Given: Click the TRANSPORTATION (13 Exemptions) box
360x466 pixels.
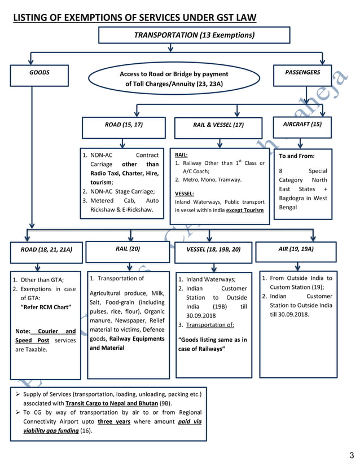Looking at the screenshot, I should (x=194, y=35).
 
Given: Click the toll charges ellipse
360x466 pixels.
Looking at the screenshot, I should (x=173, y=79).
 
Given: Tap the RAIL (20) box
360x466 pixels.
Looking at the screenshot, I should (x=128, y=249).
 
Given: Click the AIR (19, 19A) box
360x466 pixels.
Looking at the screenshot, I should (x=296, y=249).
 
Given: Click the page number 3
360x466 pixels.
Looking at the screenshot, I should (x=351, y=455).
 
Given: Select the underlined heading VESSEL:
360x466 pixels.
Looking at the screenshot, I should (x=184, y=194).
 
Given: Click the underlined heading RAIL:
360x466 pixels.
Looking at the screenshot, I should (x=181, y=154).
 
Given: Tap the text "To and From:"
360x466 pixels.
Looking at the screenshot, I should (x=297, y=156).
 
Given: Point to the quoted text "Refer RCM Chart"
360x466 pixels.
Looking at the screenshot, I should (x=45, y=307).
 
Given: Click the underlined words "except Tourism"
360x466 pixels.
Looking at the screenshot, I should (x=245, y=210).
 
